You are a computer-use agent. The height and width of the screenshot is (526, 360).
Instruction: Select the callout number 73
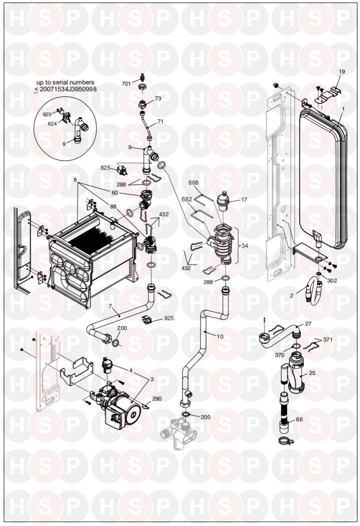[158, 98]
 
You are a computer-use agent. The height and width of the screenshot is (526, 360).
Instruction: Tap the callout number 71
[160, 122]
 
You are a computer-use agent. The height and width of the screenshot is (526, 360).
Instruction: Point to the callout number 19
[341, 72]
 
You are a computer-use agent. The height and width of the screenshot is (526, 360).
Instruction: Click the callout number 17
[244, 199]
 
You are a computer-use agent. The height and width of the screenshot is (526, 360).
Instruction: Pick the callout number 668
[194, 182]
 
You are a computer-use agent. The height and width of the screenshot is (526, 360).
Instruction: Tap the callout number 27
[308, 325]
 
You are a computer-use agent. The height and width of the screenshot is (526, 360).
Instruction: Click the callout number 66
[299, 419]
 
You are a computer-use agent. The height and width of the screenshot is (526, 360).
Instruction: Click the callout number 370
[280, 355]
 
